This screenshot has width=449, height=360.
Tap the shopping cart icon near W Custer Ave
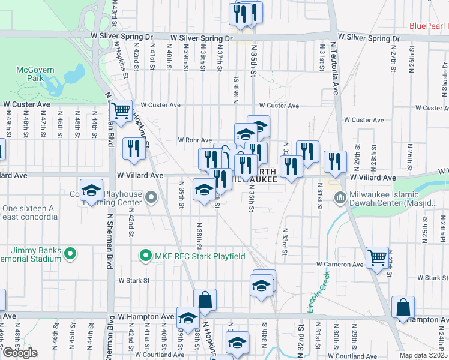click(121, 111)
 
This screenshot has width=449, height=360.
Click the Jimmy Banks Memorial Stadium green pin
click(70, 254)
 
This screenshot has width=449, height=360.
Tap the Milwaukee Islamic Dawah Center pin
click(340, 197)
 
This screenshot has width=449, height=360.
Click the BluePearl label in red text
click(429, 26)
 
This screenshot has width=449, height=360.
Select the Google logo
click(20, 353)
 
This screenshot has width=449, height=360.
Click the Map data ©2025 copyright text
click(424, 355)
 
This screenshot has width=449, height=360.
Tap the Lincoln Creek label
click(318, 293)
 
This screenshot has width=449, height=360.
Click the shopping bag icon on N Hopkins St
click(205, 299)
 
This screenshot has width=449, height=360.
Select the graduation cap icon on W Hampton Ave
click(188, 317)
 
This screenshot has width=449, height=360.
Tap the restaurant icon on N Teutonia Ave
click(335, 161)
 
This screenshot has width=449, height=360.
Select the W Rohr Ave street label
click(194, 140)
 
